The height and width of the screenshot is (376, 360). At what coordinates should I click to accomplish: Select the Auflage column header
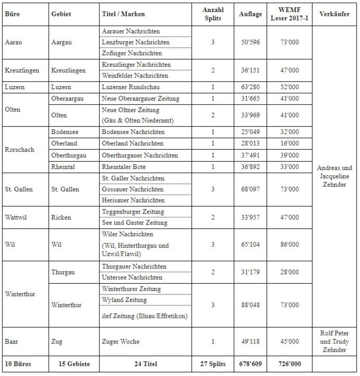point(250,14)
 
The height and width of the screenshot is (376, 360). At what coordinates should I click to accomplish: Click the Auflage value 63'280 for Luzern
point(250,87)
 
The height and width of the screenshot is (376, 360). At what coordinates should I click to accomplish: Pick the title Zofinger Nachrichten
point(132,53)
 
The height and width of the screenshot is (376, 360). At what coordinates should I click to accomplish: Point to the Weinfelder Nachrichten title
point(135,76)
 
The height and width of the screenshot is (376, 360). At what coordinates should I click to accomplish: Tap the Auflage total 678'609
point(250,364)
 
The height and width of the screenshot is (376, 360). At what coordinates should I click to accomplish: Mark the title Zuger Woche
point(120,341)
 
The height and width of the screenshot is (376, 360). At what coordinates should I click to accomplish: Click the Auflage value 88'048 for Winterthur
point(250,305)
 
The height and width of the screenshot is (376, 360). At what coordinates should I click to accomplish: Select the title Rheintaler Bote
point(123,167)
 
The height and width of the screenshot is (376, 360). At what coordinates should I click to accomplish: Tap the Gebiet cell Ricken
point(61,217)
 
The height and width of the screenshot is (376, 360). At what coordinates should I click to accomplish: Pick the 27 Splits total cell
point(213,364)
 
